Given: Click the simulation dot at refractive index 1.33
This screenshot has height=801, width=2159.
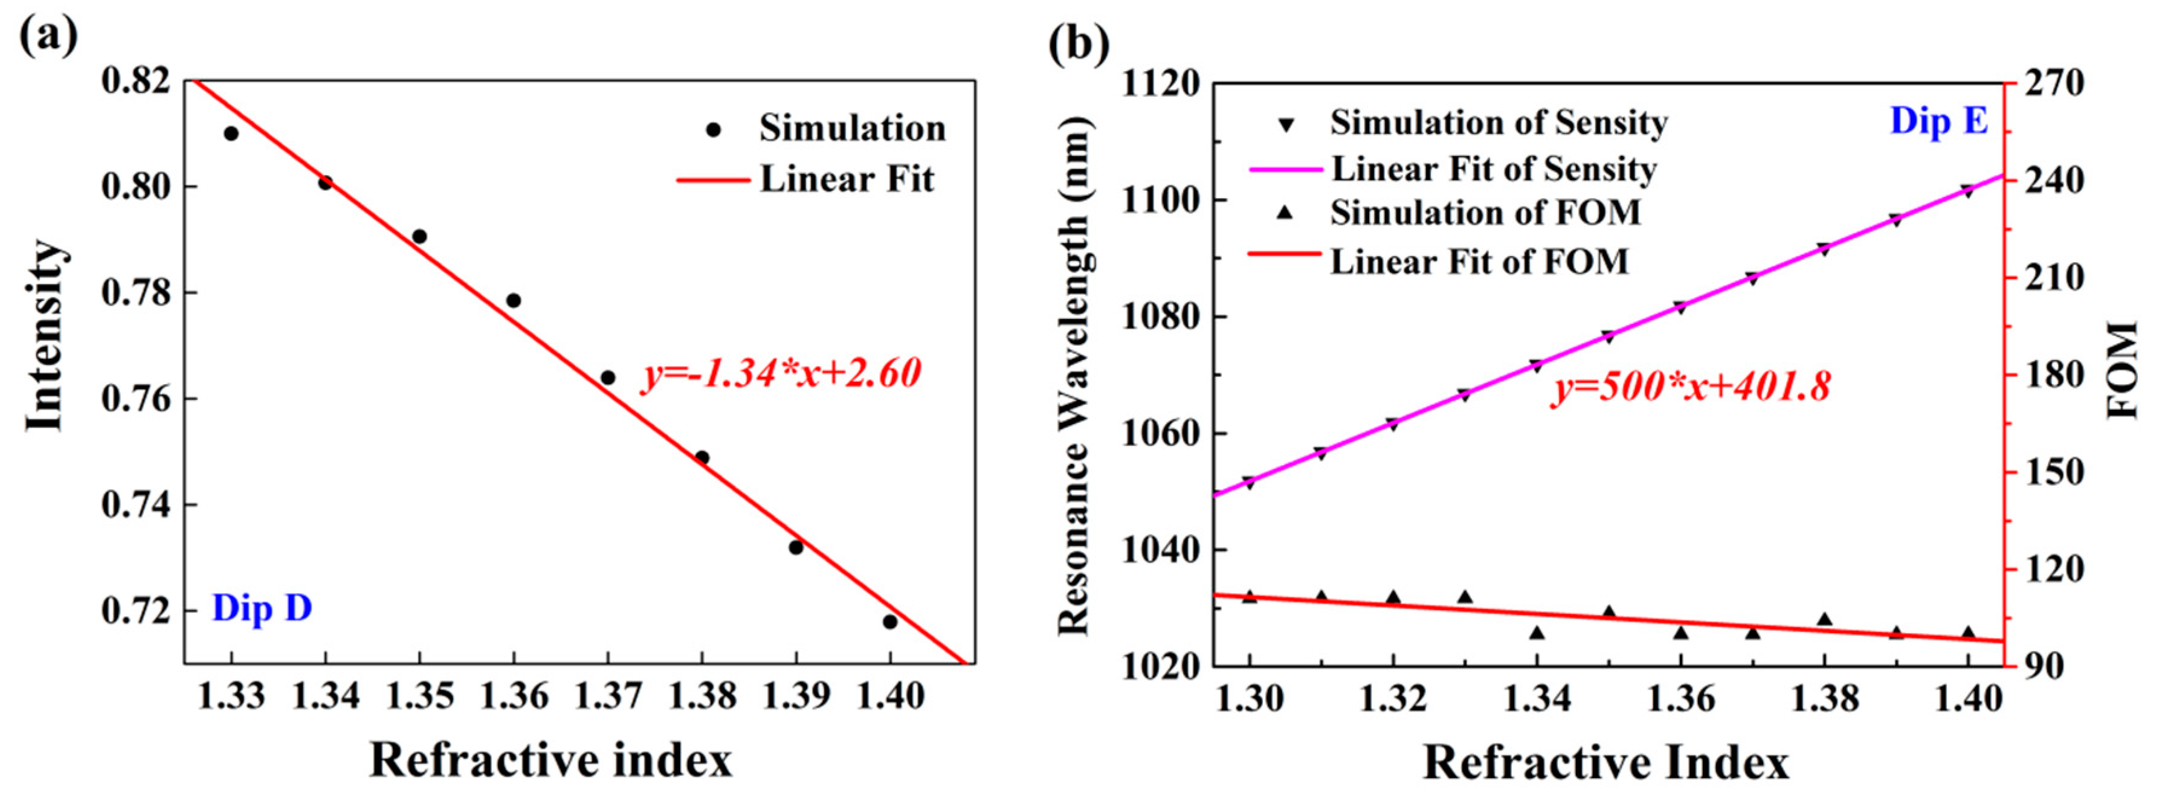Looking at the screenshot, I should coord(231,133).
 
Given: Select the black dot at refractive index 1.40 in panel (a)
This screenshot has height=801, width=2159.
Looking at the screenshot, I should coord(890,622).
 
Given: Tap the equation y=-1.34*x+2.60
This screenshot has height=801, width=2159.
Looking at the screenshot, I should coord(782,373).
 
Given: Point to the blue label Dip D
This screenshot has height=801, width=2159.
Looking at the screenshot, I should coord(262,608).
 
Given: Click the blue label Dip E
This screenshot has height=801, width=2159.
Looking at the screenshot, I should coord(1938,121).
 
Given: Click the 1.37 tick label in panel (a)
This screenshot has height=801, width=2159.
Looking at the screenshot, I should coord(608,695).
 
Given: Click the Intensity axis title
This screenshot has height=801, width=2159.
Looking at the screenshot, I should coord(44,335).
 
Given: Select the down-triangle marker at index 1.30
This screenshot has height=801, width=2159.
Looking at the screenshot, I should coord(1249,483).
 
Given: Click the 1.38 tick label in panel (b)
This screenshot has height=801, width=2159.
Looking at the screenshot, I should coord(1825,697).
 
